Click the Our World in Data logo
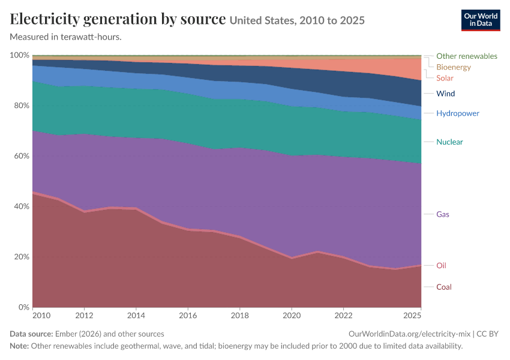point(481,20)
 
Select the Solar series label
point(445,78)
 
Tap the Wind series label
point(445,94)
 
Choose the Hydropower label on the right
point(458,113)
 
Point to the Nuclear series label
point(449,142)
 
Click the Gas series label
point(443,214)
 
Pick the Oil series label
point(441,266)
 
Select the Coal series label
point(443,287)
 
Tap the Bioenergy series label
point(454,67)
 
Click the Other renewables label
point(467,56)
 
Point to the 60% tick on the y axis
point(22,156)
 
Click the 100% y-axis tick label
point(20,55)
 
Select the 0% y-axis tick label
point(24,307)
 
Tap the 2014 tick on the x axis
point(136,316)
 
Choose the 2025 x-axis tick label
point(412,316)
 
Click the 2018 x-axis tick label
point(240,316)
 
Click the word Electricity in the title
point(44,19)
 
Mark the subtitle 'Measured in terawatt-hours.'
point(66,37)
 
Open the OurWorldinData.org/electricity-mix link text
point(409,334)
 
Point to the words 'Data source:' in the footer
point(31,334)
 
